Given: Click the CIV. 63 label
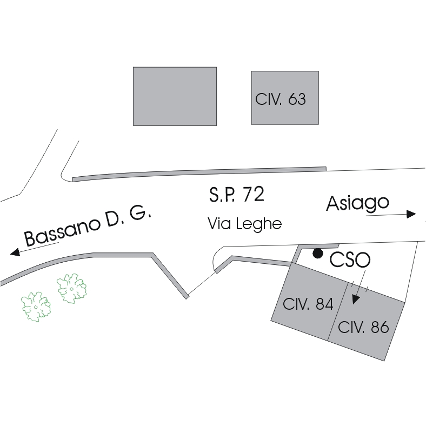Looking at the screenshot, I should click(280, 99).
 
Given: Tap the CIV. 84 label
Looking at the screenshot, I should click(308, 304).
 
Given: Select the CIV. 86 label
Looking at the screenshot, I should click(363, 327).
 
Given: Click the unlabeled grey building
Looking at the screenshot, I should click(175, 96).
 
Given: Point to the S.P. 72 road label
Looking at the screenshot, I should click(236, 195).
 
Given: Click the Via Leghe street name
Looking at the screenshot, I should click(244, 224).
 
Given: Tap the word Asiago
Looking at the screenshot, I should click(357, 203).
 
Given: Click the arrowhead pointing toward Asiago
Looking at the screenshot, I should click(411, 214).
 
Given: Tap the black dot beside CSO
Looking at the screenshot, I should click(318, 253).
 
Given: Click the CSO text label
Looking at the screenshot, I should click(350, 260).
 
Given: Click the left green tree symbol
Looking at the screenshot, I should click(36, 305).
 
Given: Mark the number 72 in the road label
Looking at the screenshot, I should click(254, 195).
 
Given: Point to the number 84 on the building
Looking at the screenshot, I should click(324, 304).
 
